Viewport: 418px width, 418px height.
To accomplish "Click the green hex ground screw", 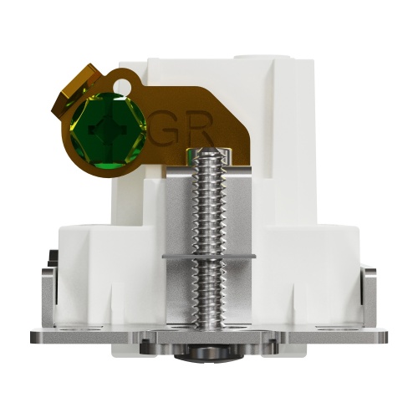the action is tap(108, 131).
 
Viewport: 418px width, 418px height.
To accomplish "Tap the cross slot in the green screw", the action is tap(108, 129).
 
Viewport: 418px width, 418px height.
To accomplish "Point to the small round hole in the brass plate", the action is tap(122, 84).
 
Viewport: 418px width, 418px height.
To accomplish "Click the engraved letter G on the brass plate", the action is tap(165, 128).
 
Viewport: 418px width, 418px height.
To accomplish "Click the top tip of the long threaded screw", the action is tap(209, 150).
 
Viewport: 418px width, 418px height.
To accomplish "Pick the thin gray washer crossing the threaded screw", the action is tap(209, 256).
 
